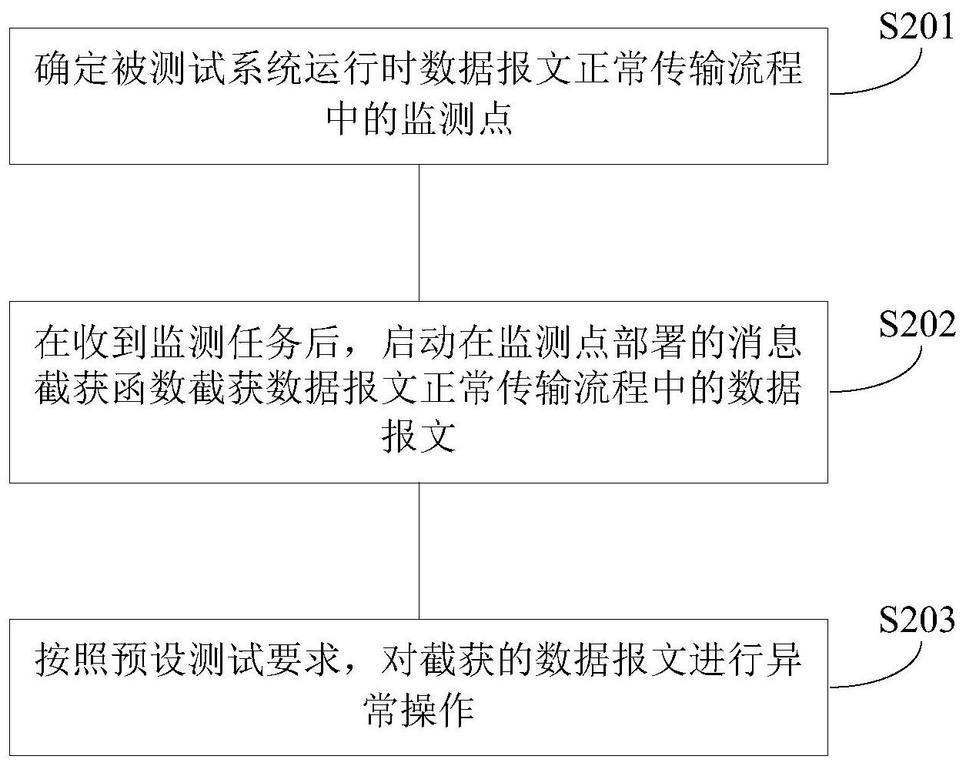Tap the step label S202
coord(917,326)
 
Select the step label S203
coord(917,620)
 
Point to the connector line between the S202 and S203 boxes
coord(419,550)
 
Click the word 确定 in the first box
coord(72,71)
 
